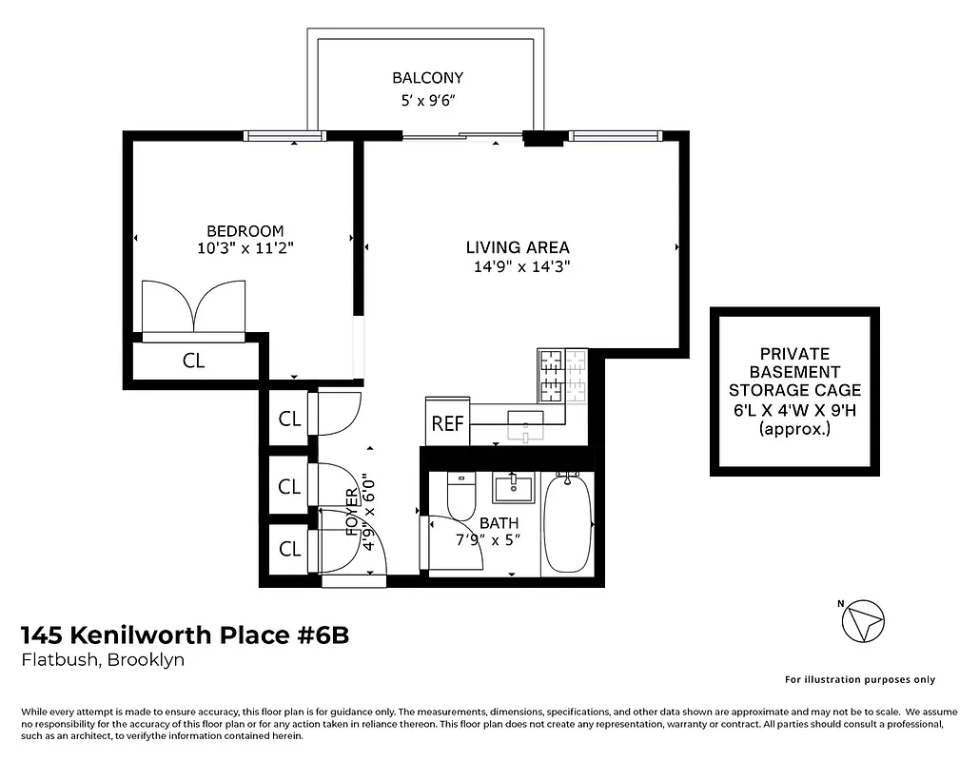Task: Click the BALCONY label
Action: point(427,78)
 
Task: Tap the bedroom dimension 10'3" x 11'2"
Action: point(245,248)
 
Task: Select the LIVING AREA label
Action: point(518,248)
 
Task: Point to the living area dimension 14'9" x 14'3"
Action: point(521,267)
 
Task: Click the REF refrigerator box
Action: point(447,424)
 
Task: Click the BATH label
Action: point(499,523)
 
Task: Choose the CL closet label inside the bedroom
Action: point(193,361)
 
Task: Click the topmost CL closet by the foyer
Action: point(289,419)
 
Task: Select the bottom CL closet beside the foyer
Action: point(289,549)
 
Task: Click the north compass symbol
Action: point(864,621)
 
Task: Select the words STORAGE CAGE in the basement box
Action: point(794,390)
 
